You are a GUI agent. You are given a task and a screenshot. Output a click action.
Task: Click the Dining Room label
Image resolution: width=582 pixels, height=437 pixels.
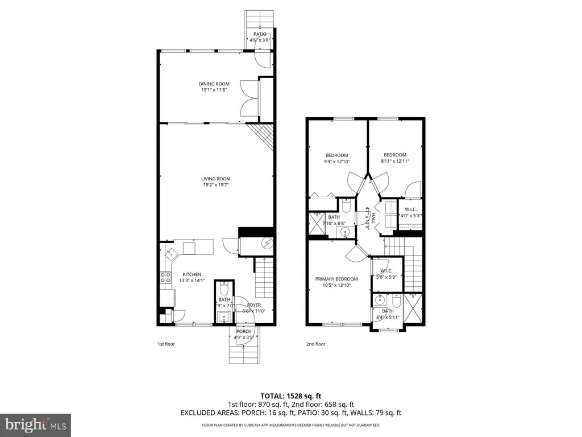tap(210, 84)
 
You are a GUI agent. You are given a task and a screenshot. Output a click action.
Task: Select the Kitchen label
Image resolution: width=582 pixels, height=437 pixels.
tap(192, 274)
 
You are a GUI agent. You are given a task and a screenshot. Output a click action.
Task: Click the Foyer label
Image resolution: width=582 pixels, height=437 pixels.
tap(253, 305)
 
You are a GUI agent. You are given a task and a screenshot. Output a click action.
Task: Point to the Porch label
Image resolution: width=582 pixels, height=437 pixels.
tap(244, 331)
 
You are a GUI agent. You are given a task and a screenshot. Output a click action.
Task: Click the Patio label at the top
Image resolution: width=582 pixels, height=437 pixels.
tap(260, 34)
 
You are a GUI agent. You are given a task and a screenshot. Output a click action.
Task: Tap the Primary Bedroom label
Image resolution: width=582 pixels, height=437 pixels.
tap(336, 279)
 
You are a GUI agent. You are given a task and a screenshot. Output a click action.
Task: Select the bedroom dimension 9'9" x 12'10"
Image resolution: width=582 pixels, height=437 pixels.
tap(336, 162)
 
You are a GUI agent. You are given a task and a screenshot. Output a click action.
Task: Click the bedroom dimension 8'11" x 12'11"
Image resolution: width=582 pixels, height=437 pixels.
tap(395, 162)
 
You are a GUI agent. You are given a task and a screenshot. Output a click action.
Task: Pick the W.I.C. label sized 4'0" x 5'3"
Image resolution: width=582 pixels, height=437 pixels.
tap(410, 208)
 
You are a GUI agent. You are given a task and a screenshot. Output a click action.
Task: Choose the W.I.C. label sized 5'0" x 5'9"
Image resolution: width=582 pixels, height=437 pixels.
tap(386, 270)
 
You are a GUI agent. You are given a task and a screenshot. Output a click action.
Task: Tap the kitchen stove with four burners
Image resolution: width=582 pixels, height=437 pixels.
tap(167, 278)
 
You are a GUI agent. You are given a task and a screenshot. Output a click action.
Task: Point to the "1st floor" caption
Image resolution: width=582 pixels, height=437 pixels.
tap(167, 344)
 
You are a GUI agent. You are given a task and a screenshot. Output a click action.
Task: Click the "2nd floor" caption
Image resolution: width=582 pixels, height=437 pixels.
tap(316, 344)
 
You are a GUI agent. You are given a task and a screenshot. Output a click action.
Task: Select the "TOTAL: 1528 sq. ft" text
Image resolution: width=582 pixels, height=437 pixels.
tap(290, 395)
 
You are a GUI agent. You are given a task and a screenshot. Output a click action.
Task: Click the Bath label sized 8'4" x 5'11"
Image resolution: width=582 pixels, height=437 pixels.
tap(388, 311)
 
